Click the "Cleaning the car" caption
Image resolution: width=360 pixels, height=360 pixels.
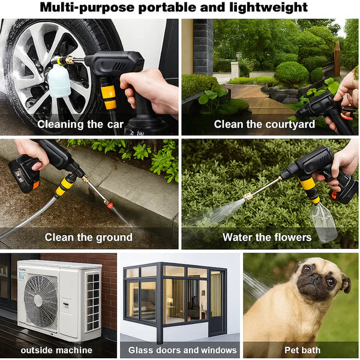click(x=80, y=124)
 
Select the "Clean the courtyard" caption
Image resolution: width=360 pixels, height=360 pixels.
click(x=264, y=124)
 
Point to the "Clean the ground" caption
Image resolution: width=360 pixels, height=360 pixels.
click(x=89, y=237)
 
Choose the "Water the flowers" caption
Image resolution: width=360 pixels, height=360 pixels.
click(x=267, y=237)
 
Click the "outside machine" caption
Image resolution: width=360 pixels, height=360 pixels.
click(x=57, y=350)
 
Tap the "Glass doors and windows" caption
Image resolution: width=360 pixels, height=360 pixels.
click(x=182, y=350)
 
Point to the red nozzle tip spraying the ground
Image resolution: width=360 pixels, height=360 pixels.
click(x=109, y=203)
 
